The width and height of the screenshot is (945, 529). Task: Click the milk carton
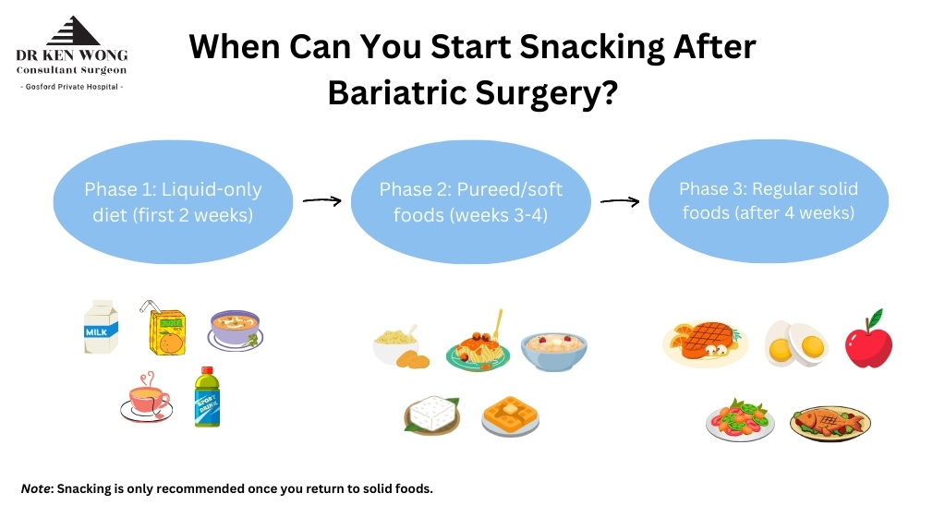point(101,327)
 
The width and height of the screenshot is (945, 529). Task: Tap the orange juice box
point(165,329)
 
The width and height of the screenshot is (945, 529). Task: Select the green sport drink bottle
point(207,397)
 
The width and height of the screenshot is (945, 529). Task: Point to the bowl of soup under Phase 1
point(235,331)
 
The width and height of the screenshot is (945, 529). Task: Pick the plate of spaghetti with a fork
point(479,345)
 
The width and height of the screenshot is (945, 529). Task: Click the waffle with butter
point(511,415)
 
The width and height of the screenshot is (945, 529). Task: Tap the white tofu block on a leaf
point(432,415)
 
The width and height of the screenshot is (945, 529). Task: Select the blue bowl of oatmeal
point(554,351)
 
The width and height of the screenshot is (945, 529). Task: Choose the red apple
point(868,341)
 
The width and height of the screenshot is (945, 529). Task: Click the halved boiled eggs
point(796,344)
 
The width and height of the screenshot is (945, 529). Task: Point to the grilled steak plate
point(705,343)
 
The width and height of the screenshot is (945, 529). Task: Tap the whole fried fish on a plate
point(830,422)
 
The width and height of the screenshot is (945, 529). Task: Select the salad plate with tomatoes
point(740,420)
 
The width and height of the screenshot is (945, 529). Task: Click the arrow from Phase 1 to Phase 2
point(321,200)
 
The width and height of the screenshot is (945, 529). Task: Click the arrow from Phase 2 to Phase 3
point(620,202)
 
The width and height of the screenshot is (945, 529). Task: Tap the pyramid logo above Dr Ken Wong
point(73,30)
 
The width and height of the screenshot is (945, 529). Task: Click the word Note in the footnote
point(35,488)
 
